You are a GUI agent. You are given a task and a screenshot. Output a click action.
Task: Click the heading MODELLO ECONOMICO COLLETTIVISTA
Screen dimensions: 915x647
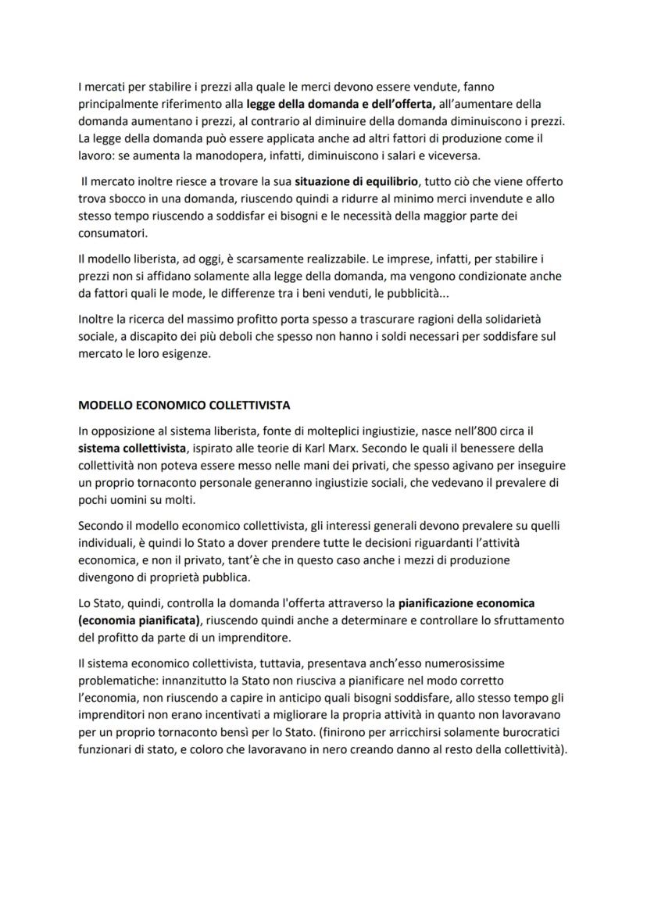point(184,406)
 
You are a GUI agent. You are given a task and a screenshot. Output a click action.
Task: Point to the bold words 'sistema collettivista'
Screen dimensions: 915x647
point(132,449)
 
